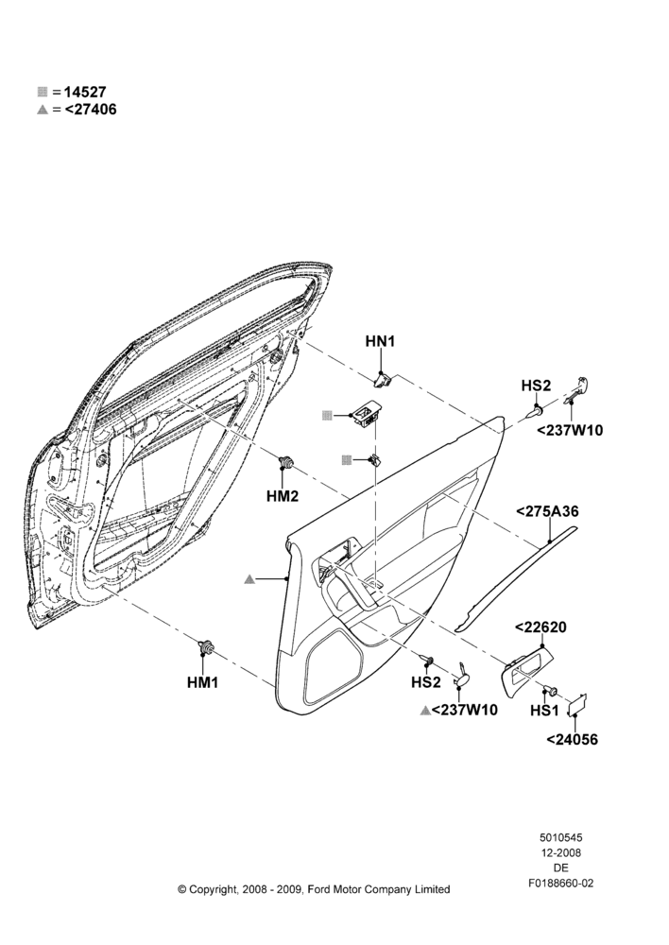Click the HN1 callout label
click(380, 342)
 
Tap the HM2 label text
click(283, 496)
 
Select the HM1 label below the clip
click(202, 682)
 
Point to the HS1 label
click(544, 711)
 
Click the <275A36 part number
click(547, 511)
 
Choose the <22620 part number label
click(540, 627)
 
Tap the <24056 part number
click(572, 740)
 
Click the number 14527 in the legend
click(85, 93)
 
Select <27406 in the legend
click(91, 110)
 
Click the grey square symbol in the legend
click(43, 93)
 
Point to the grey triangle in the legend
click(43, 110)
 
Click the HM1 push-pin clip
click(207, 646)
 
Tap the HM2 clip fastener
click(286, 463)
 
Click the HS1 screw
click(550, 691)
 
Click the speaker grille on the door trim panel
click(334, 666)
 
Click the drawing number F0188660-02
click(560, 884)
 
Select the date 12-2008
click(560, 852)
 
